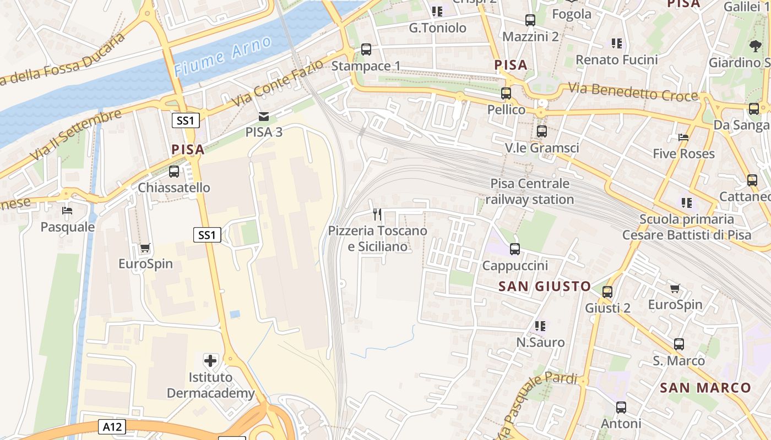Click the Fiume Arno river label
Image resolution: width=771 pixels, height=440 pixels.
tap(222, 56)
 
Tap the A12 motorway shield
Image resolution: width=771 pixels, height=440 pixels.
tap(112, 426)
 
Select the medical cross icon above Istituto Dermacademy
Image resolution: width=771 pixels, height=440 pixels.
tap(210, 361)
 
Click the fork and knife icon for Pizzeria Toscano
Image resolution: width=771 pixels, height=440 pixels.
tap(377, 214)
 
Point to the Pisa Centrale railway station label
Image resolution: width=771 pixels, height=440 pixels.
tap(530, 191)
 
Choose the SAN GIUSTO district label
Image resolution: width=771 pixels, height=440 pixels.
tap(545, 286)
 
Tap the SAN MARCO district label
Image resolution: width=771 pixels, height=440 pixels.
tap(705, 388)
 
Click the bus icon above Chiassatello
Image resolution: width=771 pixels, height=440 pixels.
tap(174, 172)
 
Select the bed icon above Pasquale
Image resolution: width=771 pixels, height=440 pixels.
tap(67, 210)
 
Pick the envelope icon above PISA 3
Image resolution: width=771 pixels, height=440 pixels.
tap(264, 116)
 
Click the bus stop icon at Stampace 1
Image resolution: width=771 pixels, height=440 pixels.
tap(366, 50)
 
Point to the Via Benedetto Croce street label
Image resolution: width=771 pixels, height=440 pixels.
tap(633, 92)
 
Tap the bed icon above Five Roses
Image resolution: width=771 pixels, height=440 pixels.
tap(683, 137)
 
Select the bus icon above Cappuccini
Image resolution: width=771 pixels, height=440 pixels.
tap(515, 249)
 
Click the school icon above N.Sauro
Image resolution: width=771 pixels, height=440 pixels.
tap(540, 326)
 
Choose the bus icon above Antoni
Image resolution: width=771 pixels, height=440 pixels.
tap(621, 408)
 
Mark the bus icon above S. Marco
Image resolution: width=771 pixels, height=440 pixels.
tap(679, 344)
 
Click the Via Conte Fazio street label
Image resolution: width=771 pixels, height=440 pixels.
tap(277, 85)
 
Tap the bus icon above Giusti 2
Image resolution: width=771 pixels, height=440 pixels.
tap(607, 291)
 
